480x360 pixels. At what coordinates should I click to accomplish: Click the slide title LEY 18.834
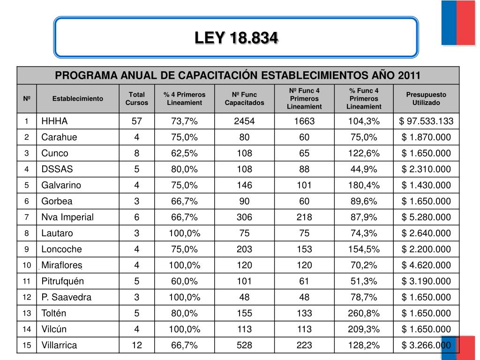pyautogui.click(x=236, y=38)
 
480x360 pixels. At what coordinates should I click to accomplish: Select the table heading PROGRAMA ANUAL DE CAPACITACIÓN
pyautogui.click(x=238, y=75)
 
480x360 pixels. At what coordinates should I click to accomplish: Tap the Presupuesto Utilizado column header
pyautogui.click(x=426, y=98)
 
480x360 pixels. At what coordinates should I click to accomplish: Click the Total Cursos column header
pyautogui.click(x=136, y=98)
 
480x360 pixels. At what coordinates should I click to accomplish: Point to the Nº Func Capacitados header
pyautogui.click(x=244, y=98)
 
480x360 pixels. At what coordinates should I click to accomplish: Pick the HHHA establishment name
pyautogui.click(x=54, y=121)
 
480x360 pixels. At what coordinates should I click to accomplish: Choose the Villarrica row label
pyautogui.click(x=59, y=345)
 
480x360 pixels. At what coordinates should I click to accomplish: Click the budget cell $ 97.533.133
pyautogui.click(x=426, y=121)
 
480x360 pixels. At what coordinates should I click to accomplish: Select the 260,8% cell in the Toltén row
pyautogui.click(x=364, y=314)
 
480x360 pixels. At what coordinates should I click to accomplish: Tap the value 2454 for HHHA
pyautogui.click(x=244, y=121)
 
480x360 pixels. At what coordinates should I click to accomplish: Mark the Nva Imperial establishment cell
pyautogui.click(x=67, y=217)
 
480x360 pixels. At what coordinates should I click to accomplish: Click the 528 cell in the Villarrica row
pyautogui.click(x=244, y=345)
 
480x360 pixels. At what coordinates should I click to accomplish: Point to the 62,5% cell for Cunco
pyautogui.click(x=184, y=153)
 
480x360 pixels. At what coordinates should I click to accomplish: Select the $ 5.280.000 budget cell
pyautogui.click(x=426, y=217)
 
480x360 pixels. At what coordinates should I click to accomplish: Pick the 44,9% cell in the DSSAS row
pyautogui.click(x=364, y=169)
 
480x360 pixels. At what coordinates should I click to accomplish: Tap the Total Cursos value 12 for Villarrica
pyautogui.click(x=136, y=345)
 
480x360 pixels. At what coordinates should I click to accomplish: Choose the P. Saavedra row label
pyautogui.click(x=67, y=297)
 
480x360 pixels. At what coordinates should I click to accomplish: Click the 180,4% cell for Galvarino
pyautogui.click(x=364, y=185)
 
